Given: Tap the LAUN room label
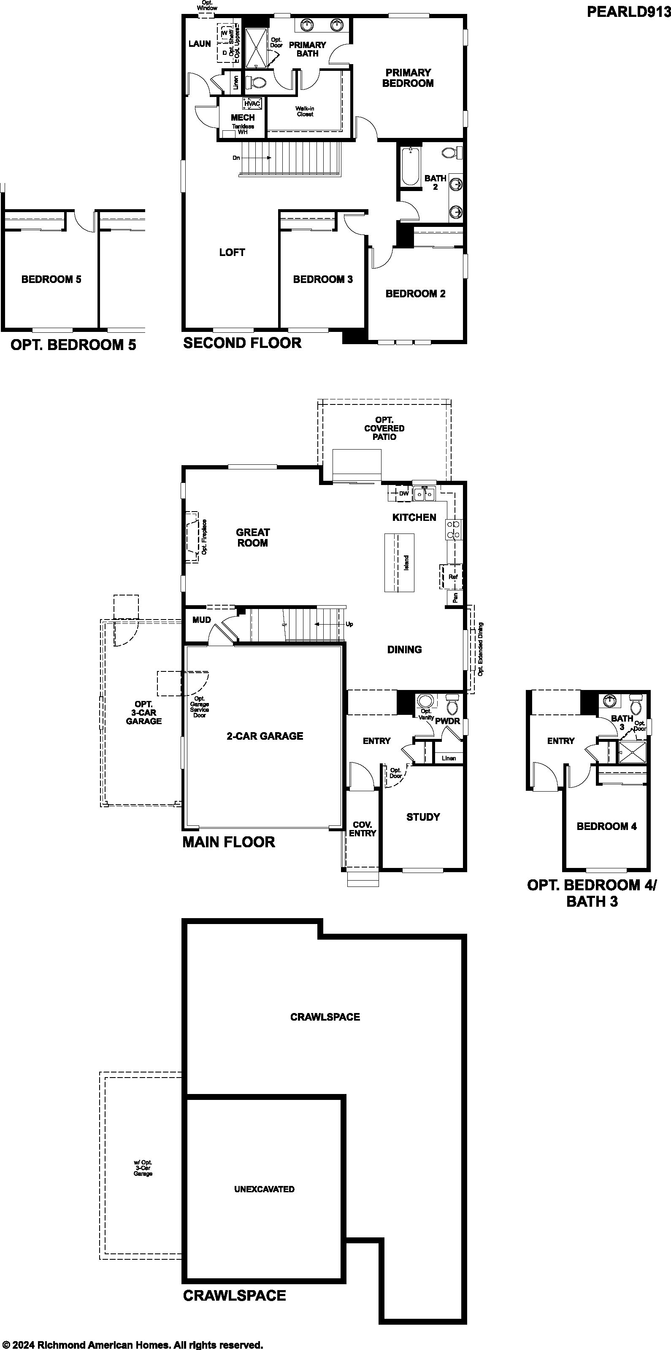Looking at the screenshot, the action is (200, 44).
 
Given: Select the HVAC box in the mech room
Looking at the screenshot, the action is (252, 104).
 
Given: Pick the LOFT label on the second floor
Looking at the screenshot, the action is (232, 253).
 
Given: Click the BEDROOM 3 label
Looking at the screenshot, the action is (323, 279).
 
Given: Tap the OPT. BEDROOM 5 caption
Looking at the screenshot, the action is (73, 345).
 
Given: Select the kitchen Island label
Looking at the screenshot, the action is (406, 563).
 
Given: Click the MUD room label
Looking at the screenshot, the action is (202, 620).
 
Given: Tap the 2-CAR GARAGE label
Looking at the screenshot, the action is (265, 736).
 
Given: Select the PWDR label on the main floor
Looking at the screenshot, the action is (448, 721).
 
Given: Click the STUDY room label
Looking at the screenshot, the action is (423, 817).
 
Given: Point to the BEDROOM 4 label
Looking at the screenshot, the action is (606, 827).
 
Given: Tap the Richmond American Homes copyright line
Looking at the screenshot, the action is (132, 1341).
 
